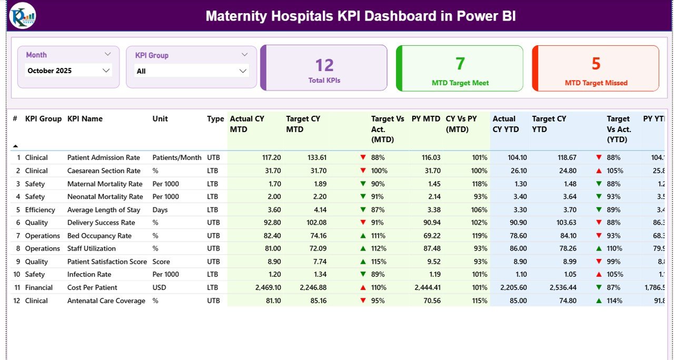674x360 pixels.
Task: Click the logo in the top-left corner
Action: [x=22, y=16]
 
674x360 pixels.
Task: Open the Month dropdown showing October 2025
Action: [x=68, y=71]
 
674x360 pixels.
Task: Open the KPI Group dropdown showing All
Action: [x=191, y=71]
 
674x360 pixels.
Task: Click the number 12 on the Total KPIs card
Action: [x=324, y=65]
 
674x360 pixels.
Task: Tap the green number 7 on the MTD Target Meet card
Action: [x=460, y=64]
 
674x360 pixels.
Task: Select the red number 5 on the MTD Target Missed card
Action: [x=596, y=64]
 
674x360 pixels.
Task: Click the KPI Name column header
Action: [x=85, y=119]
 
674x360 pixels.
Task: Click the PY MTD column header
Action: [x=425, y=119]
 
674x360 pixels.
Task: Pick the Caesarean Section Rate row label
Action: [x=104, y=171]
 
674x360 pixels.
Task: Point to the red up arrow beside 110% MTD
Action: [x=363, y=288]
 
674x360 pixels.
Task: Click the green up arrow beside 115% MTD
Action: [x=363, y=262]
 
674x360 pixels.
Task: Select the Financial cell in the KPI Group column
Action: [x=39, y=287]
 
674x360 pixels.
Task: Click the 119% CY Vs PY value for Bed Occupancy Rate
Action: [x=479, y=236]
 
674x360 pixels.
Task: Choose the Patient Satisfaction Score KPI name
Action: [x=107, y=262]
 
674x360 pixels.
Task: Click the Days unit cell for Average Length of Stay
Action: [x=160, y=209]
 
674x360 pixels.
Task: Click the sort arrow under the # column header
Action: [x=15, y=146]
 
